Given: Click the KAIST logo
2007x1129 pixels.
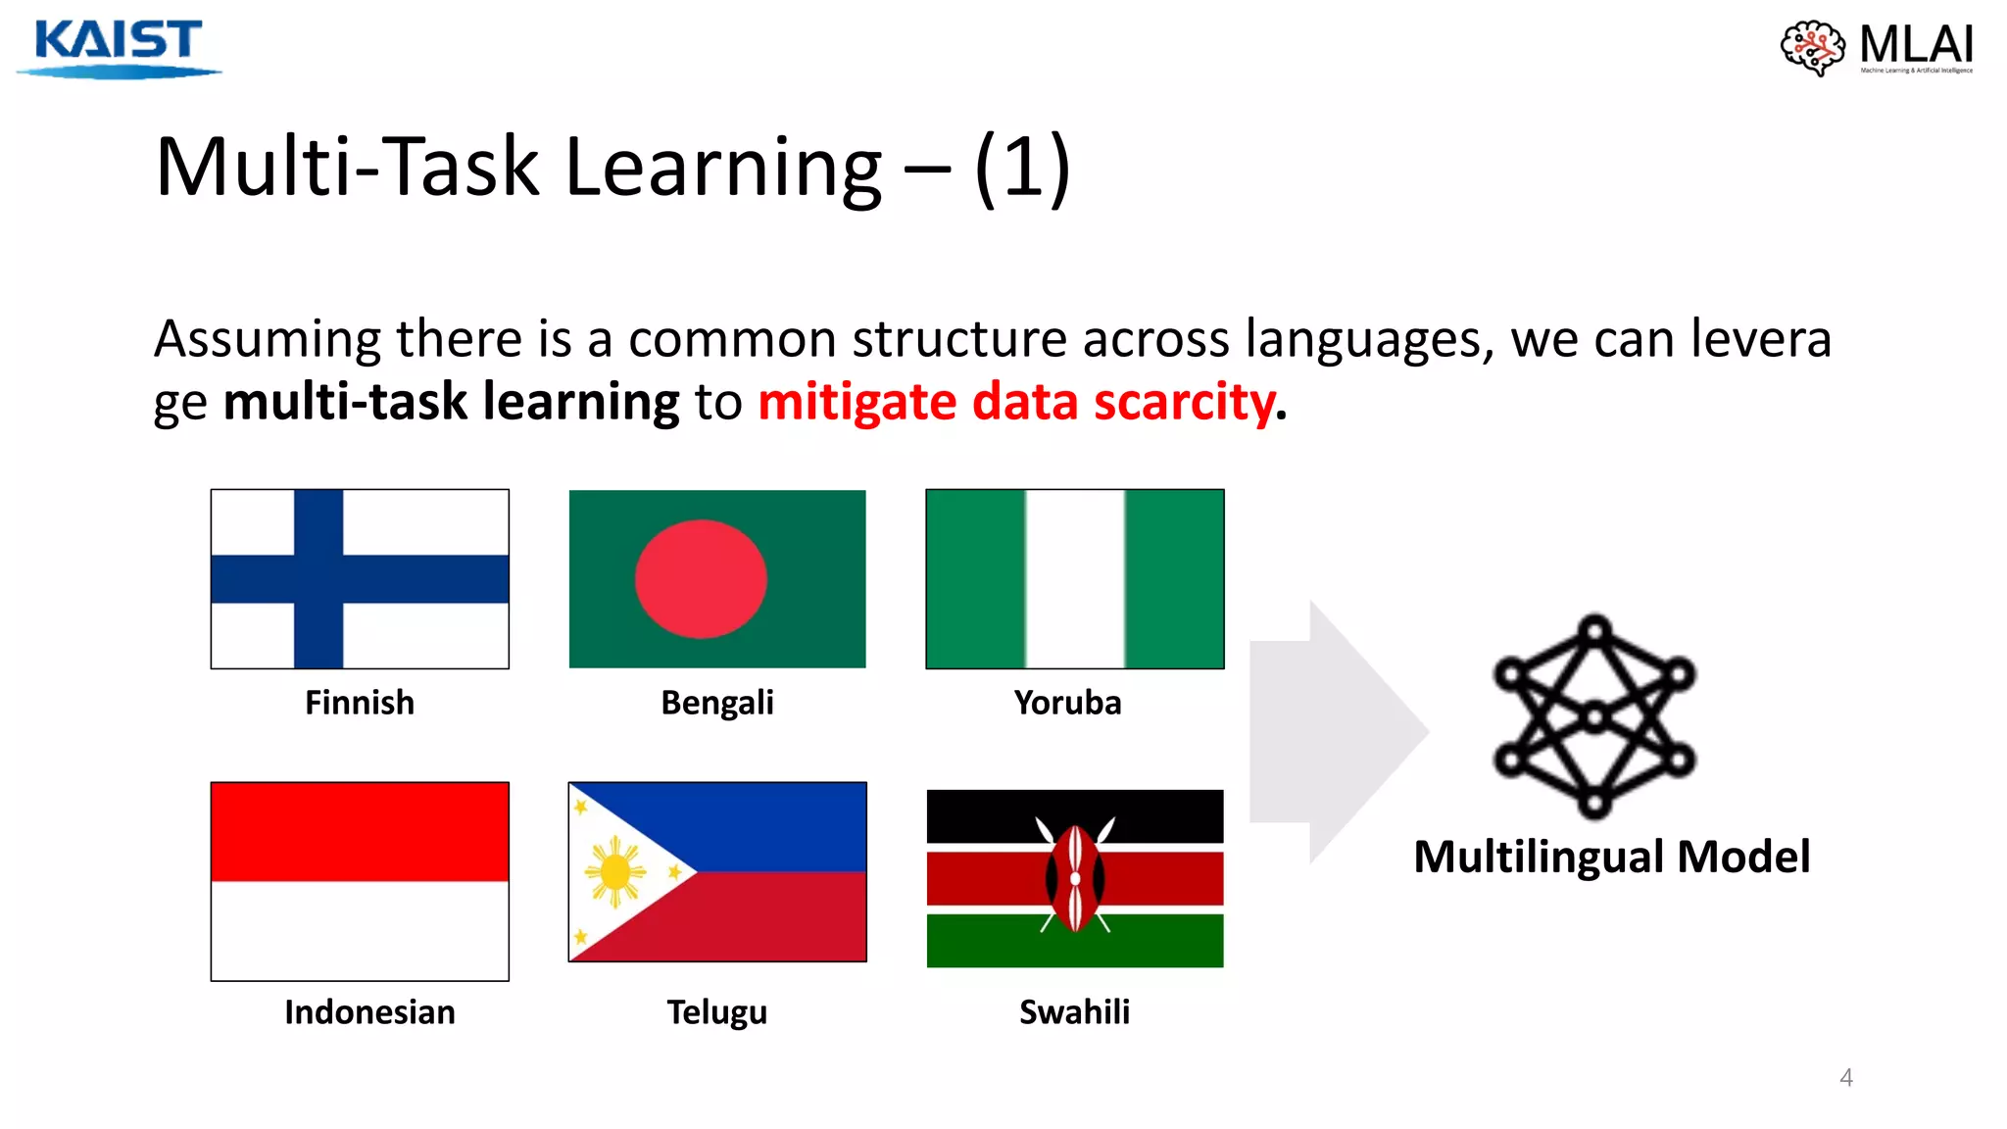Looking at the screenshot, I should pos(119,46).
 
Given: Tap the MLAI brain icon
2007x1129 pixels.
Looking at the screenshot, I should pos(1812,47).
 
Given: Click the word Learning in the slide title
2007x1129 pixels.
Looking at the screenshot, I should pos(723,168).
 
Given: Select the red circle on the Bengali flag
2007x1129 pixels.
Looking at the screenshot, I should pos(701,579).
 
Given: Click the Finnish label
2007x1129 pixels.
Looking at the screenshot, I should pos(360,703).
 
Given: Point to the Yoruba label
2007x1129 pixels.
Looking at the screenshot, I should pos(1067,703).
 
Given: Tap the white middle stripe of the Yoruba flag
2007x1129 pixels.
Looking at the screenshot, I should pos(1075,579).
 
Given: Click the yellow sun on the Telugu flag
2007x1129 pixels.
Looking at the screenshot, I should pos(614,870).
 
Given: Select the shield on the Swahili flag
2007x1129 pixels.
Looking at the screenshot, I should pos(1075,878).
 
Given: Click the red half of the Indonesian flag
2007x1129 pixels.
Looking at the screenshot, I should pos(360,831).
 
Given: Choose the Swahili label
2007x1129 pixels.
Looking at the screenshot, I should pos(1074,1011).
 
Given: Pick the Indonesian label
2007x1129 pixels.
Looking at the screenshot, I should pos(369,1011).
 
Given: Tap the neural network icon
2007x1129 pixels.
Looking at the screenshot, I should pos(1594,716).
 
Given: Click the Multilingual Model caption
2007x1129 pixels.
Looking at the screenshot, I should pos(1611,857).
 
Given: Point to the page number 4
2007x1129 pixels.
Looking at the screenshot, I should pos(1845,1077).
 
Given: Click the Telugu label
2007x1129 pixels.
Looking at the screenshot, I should pos(716,1011).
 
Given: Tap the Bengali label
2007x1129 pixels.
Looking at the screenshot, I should pos(716,703).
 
